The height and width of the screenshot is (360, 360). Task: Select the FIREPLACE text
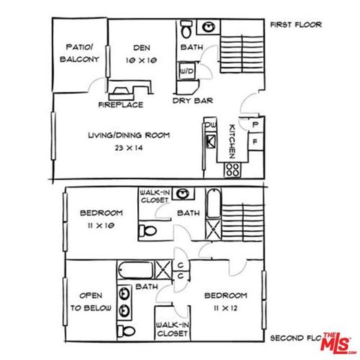[x=121, y=105]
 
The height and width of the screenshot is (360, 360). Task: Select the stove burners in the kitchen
[x=232, y=169]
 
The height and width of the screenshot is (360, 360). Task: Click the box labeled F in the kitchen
[x=255, y=141]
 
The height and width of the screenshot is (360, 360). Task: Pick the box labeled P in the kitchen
[x=255, y=124]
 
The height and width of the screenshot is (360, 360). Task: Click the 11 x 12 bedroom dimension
[x=225, y=307]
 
